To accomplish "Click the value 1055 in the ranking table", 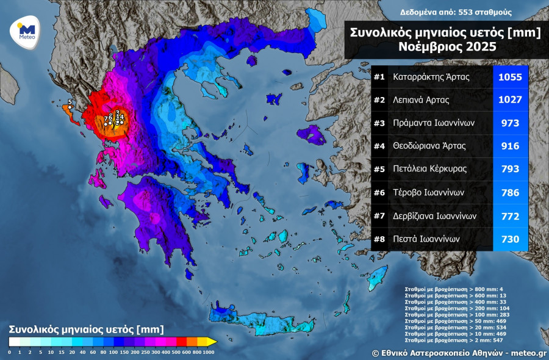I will (510, 77).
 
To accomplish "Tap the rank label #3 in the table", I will (379, 123).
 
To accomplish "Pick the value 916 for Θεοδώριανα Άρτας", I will (510, 146).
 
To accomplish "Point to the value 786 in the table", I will (510, 193).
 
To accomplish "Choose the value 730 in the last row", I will (510, 239).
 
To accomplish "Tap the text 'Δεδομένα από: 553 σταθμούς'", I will (456, 12).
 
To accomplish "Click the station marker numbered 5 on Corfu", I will (70, 107).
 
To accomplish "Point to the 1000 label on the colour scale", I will (209, 352).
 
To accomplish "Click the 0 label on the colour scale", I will (9, 352).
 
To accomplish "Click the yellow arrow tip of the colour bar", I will (212, 342).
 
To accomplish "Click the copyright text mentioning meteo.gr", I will (459, 353).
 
